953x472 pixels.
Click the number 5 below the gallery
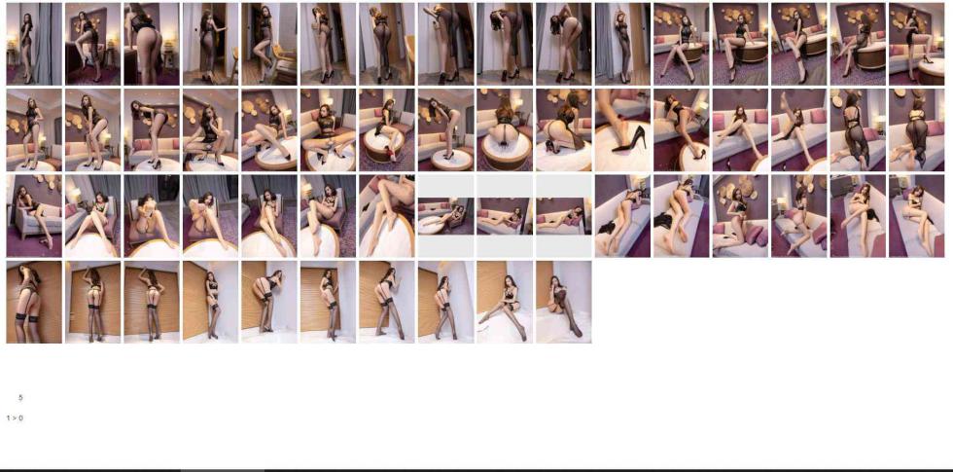click(20, 398)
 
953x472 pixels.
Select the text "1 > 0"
click(15, 418)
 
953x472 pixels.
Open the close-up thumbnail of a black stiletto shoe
click(622, 130)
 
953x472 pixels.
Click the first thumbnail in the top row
click(34, 44)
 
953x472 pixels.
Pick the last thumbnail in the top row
click(916, 44)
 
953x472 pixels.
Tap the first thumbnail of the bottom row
click(34, 303)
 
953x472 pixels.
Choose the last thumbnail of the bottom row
click(563, 303)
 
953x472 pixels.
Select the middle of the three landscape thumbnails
click(505, 216)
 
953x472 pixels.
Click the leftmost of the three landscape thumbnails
click(445, 216)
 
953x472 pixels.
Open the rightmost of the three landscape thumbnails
click(563, 216)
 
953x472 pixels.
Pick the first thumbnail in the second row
click(34, 130)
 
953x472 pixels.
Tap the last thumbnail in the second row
click(916, 130)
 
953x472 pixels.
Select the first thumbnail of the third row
click(34, 216)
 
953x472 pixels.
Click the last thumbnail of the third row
click(916, 216)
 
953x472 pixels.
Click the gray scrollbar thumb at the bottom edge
click(223, 470)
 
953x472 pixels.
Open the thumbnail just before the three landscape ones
click(387, 216)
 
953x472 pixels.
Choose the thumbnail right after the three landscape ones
click(622, 216)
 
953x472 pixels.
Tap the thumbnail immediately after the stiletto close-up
click(682, 130)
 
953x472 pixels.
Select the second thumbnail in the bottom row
click(93, 303)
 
